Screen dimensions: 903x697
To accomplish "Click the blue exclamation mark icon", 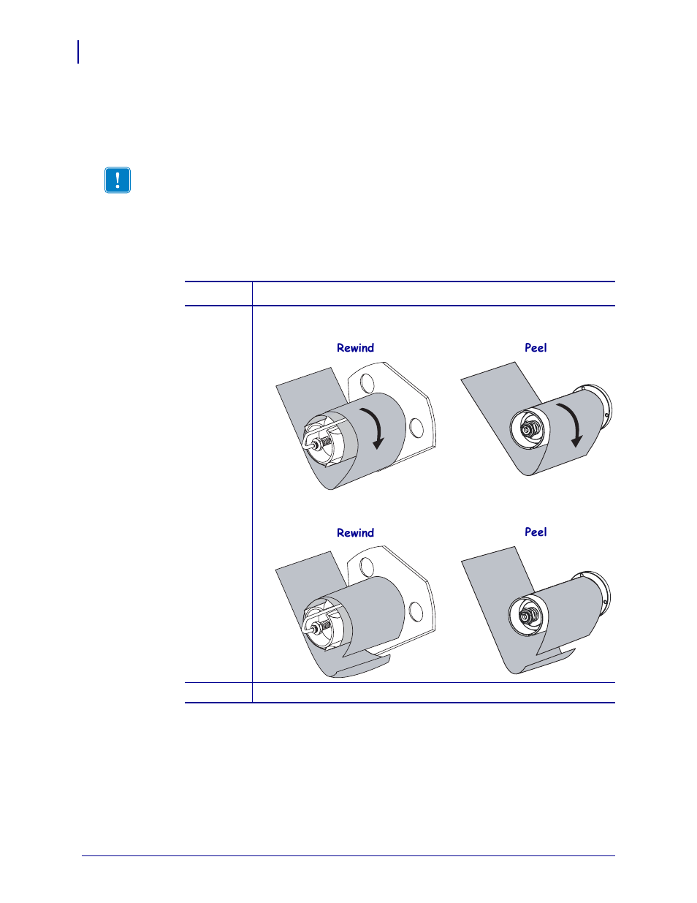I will (x=118, y=180).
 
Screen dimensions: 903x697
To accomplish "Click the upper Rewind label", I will (x=355, y=348).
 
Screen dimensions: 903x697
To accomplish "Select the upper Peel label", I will (x=536, y=348).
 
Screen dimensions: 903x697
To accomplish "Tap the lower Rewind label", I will (x=355, y=533).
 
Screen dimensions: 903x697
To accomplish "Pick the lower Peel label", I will (x=536, y=532).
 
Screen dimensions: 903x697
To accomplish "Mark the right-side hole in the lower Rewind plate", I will (x=416, y=612).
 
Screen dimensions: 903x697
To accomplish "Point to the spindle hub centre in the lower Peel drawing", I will (x=525, y=616).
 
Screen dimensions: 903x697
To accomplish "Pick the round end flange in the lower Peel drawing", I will (x=603, y=593).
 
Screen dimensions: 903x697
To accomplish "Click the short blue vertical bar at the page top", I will (x=78, y=52).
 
